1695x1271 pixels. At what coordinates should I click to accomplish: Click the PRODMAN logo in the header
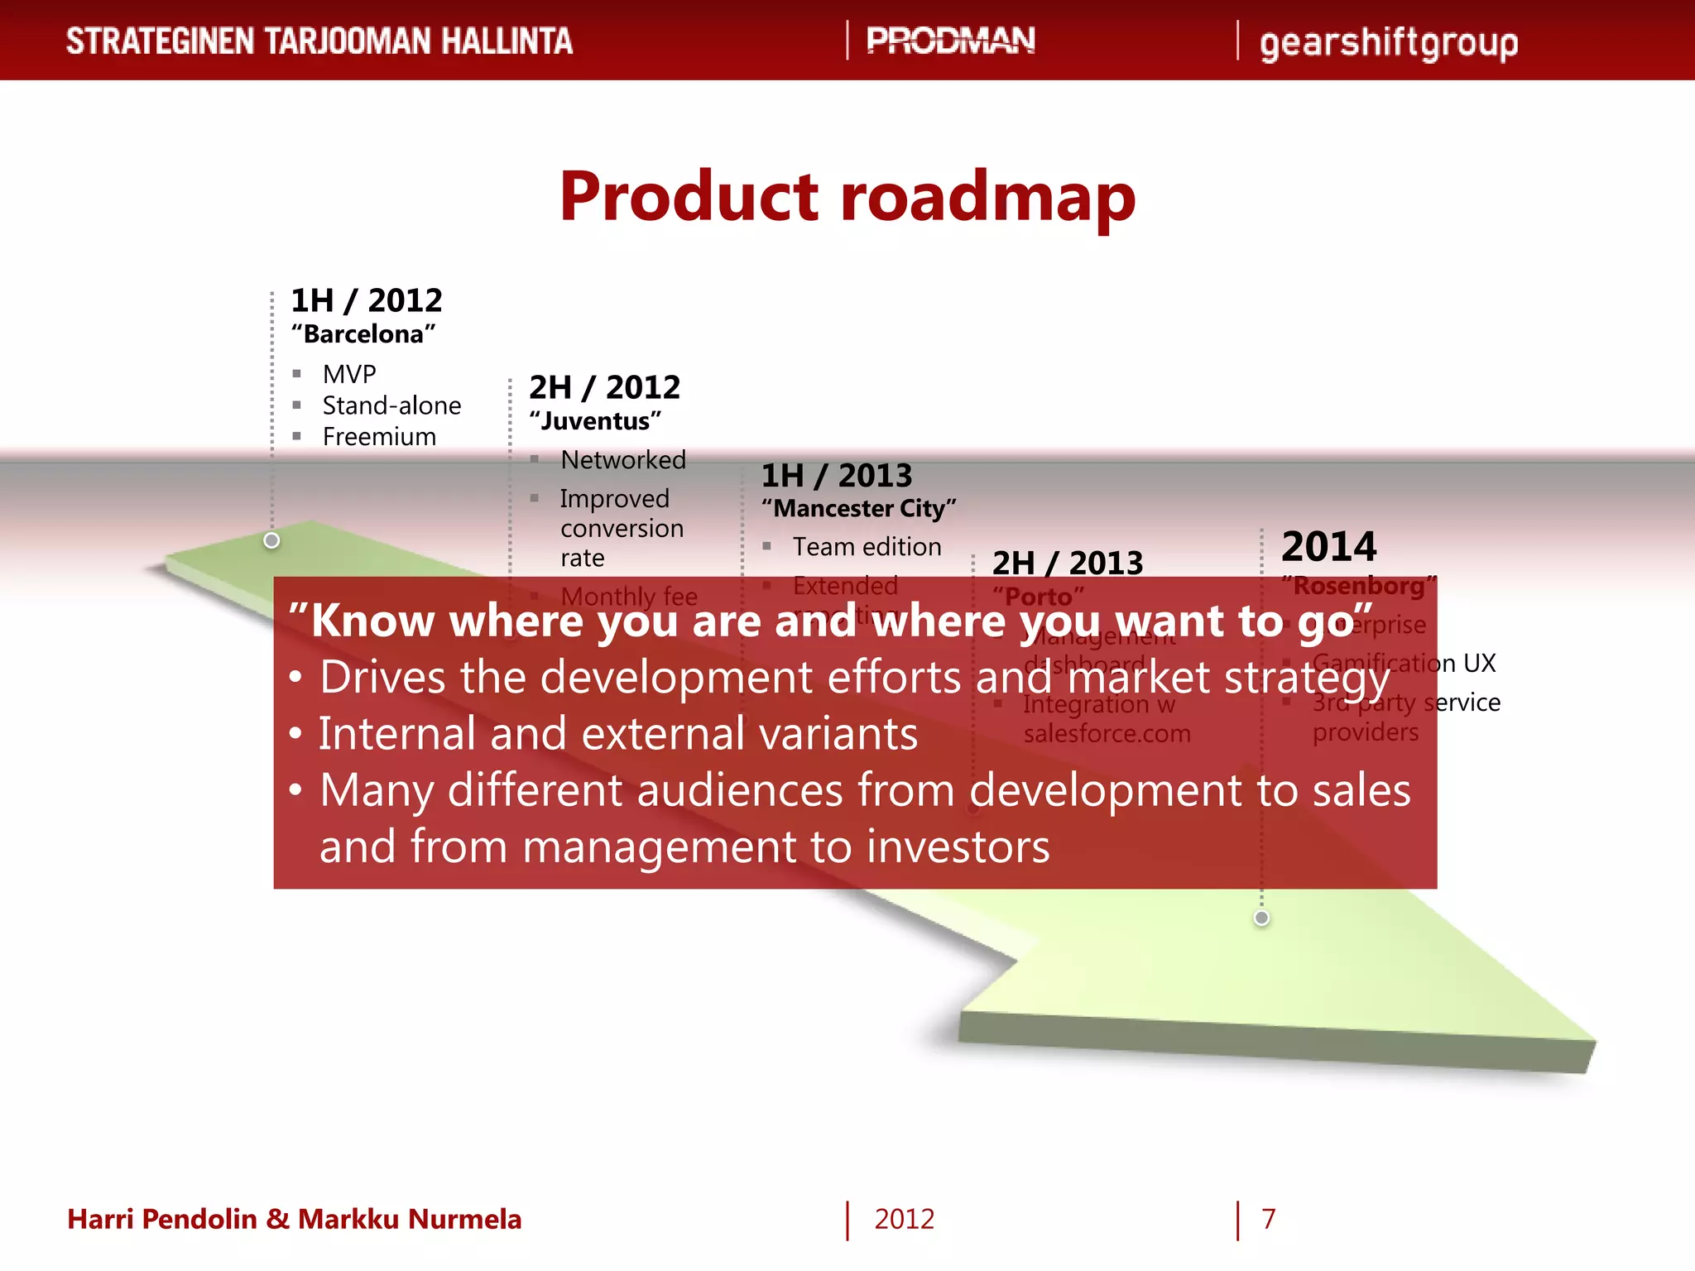point(950,41)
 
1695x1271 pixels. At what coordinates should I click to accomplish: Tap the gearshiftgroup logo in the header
point(1388,43)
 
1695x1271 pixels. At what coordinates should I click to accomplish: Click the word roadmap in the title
point(988,196)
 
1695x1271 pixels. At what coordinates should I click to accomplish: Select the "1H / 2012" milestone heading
point(367,300)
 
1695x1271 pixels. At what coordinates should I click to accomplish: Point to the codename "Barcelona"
point(363,334)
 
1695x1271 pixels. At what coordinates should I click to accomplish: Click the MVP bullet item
point(349,374)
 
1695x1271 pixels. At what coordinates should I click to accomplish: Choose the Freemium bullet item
point(379,437)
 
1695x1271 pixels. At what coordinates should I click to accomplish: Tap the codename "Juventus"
point(595,421)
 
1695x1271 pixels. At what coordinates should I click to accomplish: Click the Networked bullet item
point(622,460)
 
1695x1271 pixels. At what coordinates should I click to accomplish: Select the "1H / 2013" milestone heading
point(836,476)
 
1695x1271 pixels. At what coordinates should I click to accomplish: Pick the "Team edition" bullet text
point(867,547)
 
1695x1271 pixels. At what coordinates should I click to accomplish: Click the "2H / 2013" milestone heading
point(1067,564)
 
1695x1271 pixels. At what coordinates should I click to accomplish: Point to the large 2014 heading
point(1328,547)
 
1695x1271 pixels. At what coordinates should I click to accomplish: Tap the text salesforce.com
point(1107,734)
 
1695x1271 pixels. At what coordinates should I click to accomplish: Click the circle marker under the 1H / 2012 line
point(271,540)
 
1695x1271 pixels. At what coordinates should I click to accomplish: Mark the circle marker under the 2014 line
point(1261,918)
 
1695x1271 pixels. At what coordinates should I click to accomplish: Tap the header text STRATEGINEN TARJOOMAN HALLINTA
point(319,41)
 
